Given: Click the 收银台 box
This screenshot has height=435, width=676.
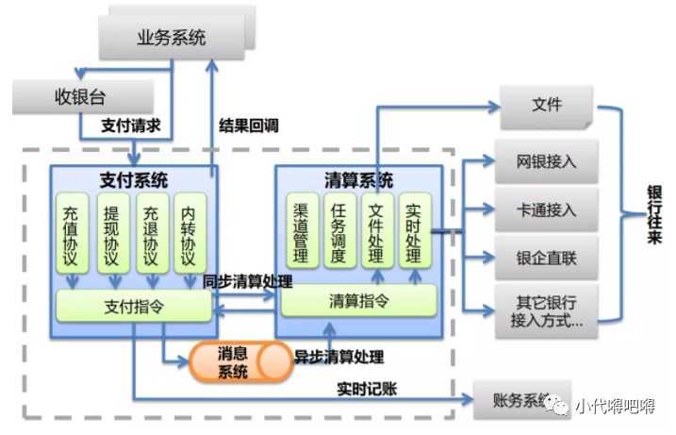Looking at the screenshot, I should coord(84,97).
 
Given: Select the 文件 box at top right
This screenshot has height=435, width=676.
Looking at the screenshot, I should coord(546,106).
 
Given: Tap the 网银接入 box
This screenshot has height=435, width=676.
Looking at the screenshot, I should coord(546,161).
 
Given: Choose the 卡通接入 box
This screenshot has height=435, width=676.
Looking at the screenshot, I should coord(546,209).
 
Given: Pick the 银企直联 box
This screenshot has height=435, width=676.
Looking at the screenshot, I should coord(546,257).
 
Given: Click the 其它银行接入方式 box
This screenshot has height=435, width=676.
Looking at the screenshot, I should coord(546,311).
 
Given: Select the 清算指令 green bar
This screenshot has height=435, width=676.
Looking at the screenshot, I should coord(358,301).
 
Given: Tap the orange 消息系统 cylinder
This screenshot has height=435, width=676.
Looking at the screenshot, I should coord(238,362).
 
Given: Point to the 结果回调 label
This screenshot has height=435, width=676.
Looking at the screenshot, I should coord(249,125).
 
